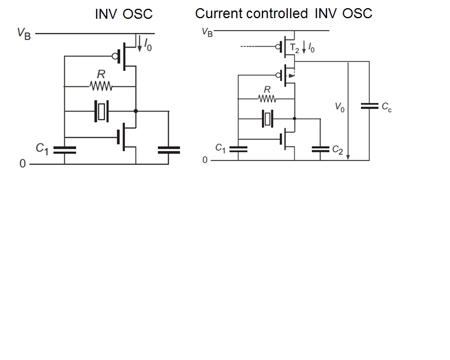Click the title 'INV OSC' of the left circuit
[x=124, y=14]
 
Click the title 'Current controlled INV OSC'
[x=284, y=13]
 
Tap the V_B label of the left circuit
[x=24, y=33]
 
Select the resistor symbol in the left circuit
[x=100, y=87]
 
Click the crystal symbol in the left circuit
[x=101, y=111]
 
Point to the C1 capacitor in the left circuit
[x=64, y=150]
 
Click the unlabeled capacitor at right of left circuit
[x=169, y=150]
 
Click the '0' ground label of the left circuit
[x=22, y=165]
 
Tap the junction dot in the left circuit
[x=136, y=111]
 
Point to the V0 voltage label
[x=339, y=107]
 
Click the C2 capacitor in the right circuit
[x=321, y=149]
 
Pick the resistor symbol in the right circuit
[x=267, y=98]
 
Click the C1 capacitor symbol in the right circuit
[x=238, y=149]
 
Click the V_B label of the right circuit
[x=207, y=32]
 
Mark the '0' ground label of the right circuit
[x=204, y=159]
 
